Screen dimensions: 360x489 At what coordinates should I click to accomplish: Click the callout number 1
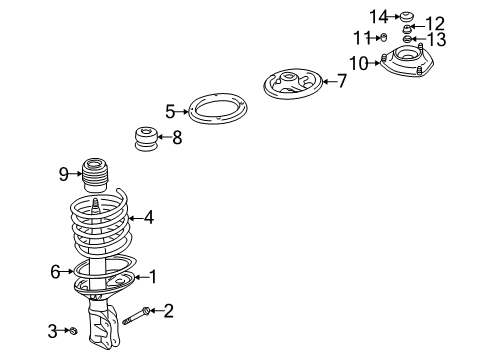153,276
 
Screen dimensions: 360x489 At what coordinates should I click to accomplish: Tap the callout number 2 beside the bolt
169,311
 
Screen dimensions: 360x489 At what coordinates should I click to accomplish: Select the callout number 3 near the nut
52,330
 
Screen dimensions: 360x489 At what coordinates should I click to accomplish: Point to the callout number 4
149,216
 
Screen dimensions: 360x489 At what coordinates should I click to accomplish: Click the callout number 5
170,112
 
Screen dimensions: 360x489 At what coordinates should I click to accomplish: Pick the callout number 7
341,81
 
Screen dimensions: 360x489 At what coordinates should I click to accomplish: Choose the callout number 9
63,174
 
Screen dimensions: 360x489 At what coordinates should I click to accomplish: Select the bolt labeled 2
137,318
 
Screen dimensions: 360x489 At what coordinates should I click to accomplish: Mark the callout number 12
435,23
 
